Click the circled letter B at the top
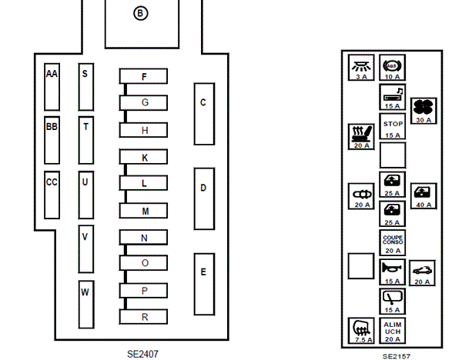pyautogui.click(x=140, y=13)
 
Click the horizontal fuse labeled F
pyautogui.click(x=144, y=77)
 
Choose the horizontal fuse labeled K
pyautogui.click(x=144, y=157)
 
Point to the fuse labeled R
pyautogui.click(x=144, y=316)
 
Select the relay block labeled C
pyautogui.click(x=203, y=112)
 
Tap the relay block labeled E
pyautogui.click(x=203, y=282)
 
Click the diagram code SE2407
pyautogui.click(x=143, y=355)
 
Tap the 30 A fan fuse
pyautogui.click(x=423, y=110)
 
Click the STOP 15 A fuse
pyautogui.click(x=393, y=127)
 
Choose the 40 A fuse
pyautogui.click(x=423, y=196)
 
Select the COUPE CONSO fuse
pyautogui.click(x=393, y=242)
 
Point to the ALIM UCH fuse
pyautogui.click(x=393, y=330)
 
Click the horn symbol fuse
pyautogui.click(x=393, y=272)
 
